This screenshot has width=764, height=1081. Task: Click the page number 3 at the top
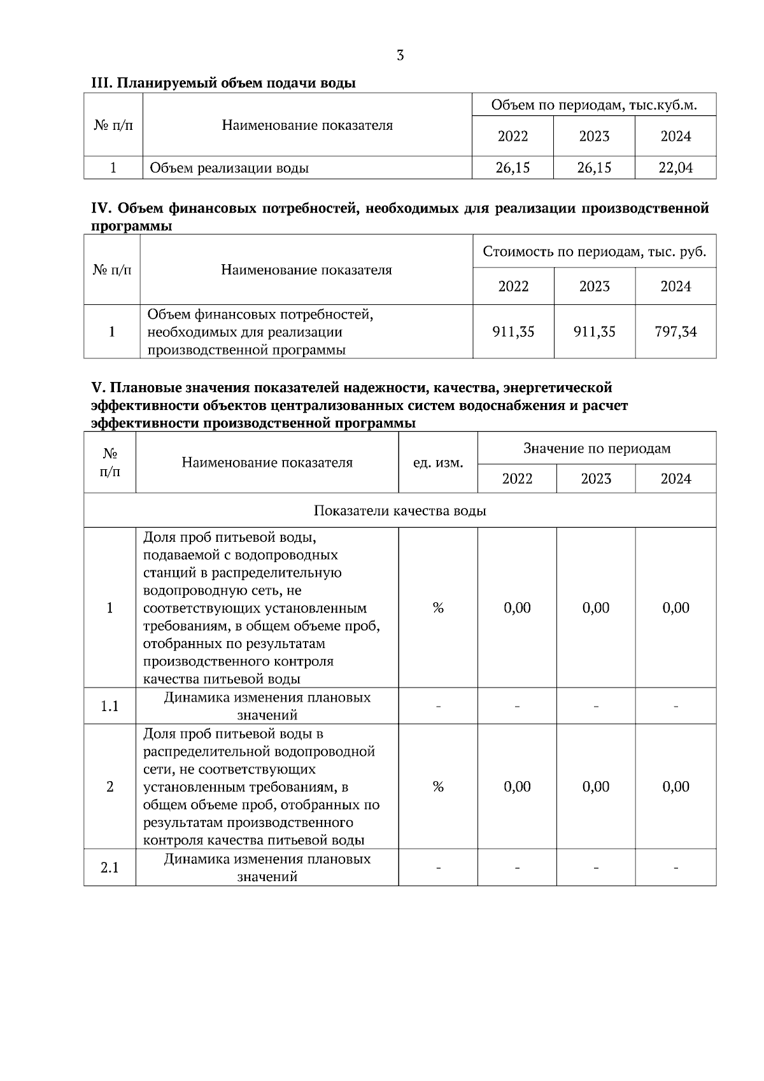[400, 55]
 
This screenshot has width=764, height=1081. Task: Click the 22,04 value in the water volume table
[676, 168]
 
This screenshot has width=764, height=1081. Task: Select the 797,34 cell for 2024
[676, 332]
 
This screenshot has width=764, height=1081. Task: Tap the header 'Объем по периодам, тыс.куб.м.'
[594, 105]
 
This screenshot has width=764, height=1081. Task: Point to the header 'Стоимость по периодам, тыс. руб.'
[594, 251]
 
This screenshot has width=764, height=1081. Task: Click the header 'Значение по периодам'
[597, 448]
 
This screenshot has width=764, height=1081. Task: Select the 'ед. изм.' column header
[438, 463]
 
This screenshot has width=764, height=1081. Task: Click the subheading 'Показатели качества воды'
[400, 511]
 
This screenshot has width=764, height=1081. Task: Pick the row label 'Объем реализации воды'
[229, 168]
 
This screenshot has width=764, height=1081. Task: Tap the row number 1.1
[110, 706]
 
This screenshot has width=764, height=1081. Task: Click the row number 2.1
[110, 867]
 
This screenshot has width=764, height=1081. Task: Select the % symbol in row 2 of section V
[438, 787]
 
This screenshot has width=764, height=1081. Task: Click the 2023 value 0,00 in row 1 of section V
[596, 608]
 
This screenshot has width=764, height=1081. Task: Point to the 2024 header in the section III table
[676, 136]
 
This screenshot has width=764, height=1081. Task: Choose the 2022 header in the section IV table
[513, 286]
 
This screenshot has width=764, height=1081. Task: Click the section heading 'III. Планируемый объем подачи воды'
[223, 83]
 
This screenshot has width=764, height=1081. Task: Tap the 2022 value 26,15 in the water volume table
[513, 168]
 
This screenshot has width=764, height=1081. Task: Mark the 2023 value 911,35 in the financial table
[594, 332]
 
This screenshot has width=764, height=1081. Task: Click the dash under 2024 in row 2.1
[676, 867]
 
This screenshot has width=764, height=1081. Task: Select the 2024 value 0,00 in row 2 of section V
[676, 787]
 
